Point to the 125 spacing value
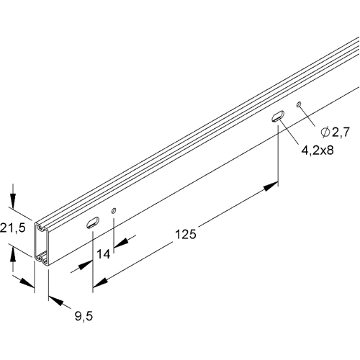[185, 234]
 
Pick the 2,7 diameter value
[338, 131]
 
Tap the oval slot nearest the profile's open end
[91, 222]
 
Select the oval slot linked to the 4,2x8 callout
[278, 117]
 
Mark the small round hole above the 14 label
[113, 210]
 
